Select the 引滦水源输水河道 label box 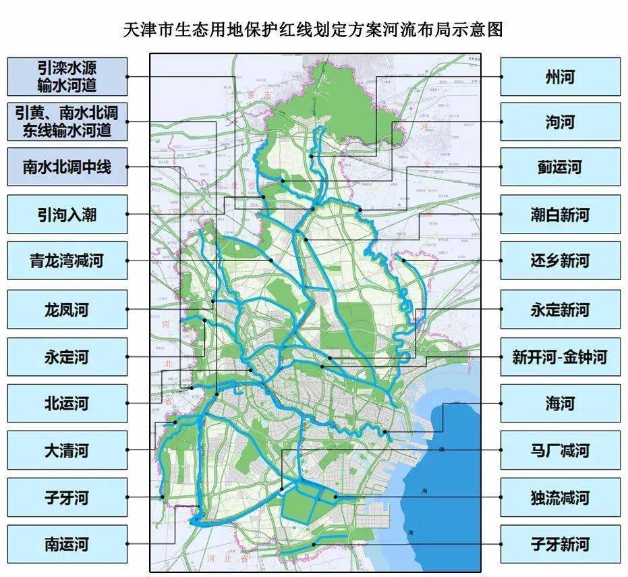point(67,76)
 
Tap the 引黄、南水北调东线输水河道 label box point(67,121)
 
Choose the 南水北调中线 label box point(67,167)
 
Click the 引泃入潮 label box point(67,215)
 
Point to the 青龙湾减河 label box point(67,260)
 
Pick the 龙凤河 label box point(67,310)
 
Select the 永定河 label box point(67,356)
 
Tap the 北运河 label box point(67,404)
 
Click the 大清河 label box point(67,451)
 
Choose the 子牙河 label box point(67,498)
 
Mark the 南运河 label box point(67,544)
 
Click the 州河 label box point(560,76)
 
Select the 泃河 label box point(560,121)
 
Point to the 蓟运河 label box point(560,167)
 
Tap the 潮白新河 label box point(560,215)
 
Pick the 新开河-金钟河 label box point(560,356)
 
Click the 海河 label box point(560,404)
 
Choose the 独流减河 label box point(560,498)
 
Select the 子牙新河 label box point(560,544)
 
